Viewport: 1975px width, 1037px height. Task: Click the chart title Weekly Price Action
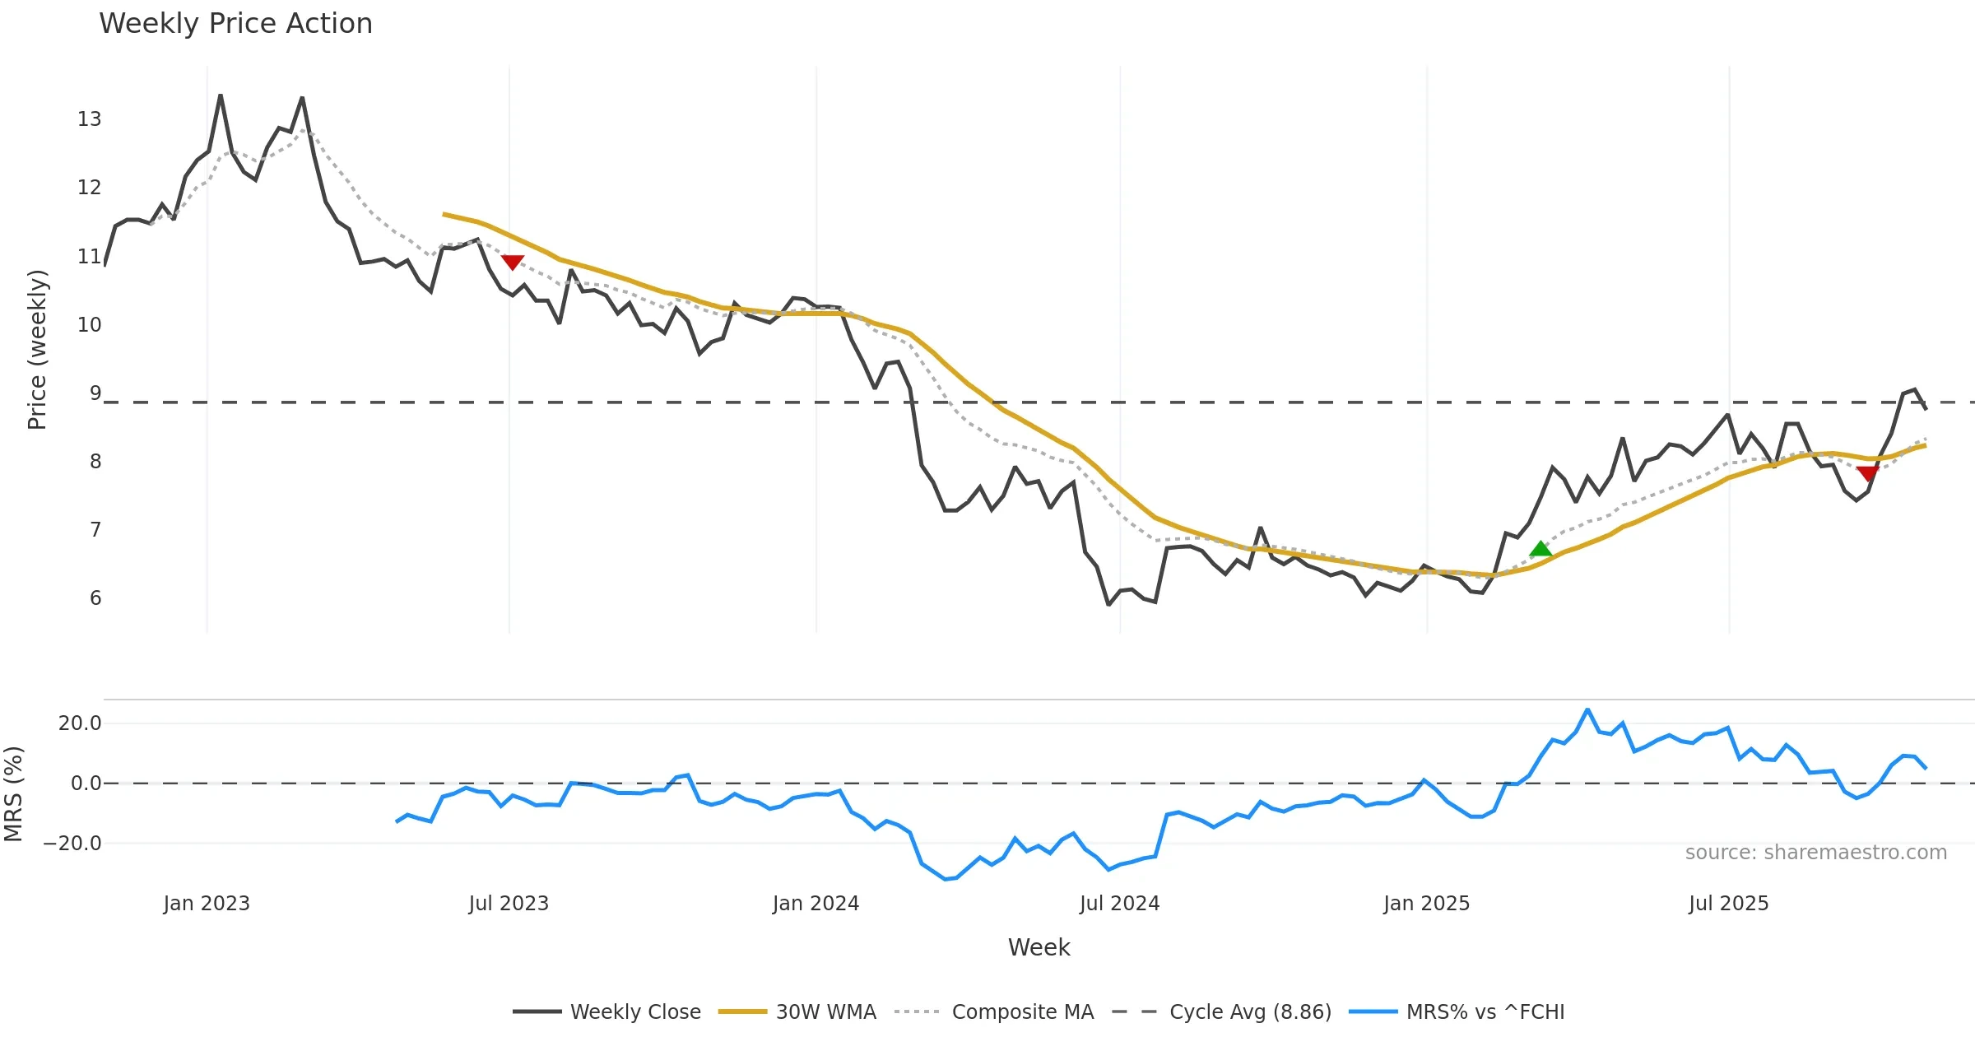(235, 24)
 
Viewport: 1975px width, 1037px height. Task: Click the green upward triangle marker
(1540, 549)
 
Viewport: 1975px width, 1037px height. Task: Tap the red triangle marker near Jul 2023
(513, 263)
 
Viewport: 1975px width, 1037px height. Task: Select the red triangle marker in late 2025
(1867, 473)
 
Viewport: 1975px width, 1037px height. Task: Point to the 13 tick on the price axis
(90, 119)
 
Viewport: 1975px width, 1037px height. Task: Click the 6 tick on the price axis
(95, 598)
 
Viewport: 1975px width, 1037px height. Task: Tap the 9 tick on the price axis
(95, 393)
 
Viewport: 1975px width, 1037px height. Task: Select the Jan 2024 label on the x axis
(816, 904)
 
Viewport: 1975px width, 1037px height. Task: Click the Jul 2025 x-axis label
(1728, 904)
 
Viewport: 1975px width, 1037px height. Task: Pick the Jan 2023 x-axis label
(207, 904)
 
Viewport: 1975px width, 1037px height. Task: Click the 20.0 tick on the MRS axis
(80, 723)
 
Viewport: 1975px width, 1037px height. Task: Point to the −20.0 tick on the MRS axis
(72, 844)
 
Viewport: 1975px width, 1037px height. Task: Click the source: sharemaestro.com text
(1815, 853)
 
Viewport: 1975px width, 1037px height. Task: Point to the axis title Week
(1039, 948)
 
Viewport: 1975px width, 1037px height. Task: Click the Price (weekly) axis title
(38, 350)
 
